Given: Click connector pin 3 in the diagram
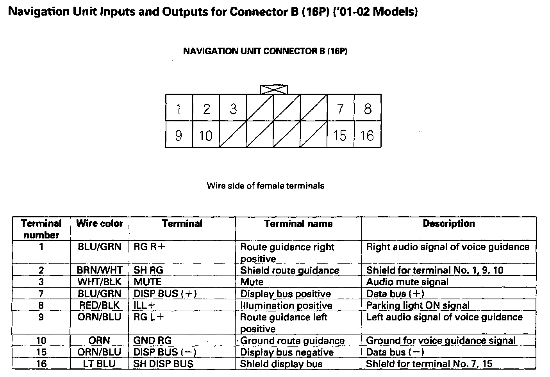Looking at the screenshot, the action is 233,108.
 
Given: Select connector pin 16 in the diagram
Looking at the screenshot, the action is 367,135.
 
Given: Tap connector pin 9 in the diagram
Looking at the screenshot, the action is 179,135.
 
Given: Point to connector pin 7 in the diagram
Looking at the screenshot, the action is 340,108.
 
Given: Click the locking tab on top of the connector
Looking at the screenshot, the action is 275,89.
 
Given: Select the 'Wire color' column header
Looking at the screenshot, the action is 100,224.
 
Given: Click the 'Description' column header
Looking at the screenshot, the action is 449,224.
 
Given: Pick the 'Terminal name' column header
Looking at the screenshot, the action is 298,224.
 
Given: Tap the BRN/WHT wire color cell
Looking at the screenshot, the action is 100,270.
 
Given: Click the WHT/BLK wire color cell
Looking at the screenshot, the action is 100,282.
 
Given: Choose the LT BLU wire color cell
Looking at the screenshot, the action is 100,364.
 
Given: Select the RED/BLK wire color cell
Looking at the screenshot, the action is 100,305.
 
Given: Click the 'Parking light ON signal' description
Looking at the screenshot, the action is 418,305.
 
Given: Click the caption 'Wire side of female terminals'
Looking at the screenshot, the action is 265,186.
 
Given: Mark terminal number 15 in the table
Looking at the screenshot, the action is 41,352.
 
